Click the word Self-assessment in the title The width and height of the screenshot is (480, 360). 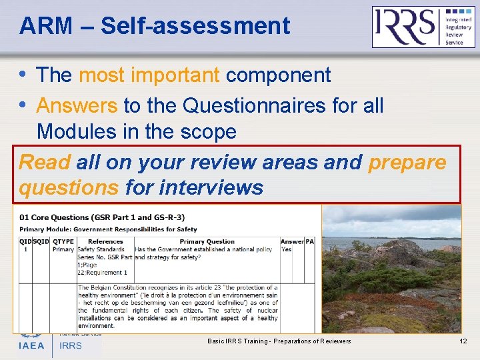[x=195, y=26]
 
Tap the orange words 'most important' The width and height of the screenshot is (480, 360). [x=149, y=75]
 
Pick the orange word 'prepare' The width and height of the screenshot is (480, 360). [x=407, y=162]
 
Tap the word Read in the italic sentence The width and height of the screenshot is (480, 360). [x=45, y=162]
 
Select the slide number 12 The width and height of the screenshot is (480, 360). [x=463, y=341]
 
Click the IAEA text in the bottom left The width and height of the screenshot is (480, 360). [x=31, y=345]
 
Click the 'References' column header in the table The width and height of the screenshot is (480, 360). [x=105, y=241]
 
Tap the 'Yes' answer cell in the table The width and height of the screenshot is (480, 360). [x=287, y=249]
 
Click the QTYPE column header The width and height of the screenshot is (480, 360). [x=63, y=241]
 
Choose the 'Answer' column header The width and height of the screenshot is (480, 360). [x=292, y=241]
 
